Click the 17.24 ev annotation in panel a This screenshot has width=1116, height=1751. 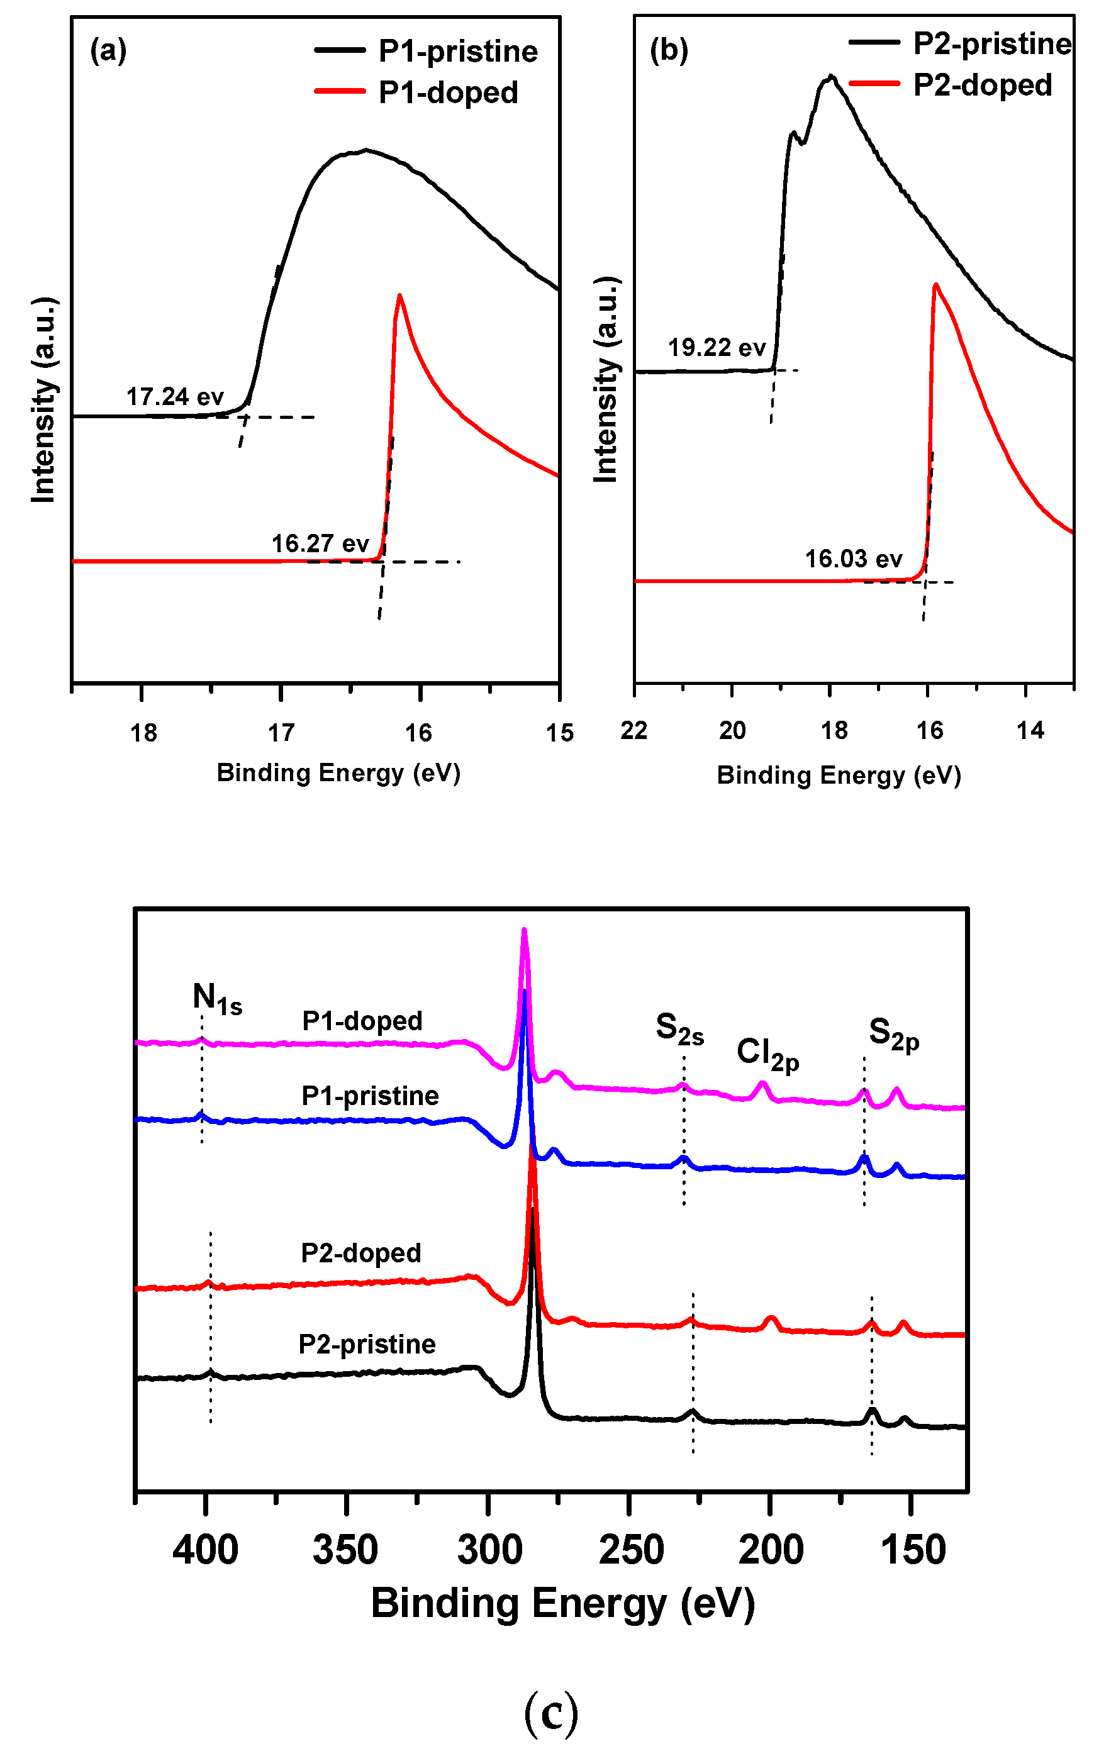175,397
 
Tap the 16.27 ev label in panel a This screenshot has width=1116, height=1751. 320,543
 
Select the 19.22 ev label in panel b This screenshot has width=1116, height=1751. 717,348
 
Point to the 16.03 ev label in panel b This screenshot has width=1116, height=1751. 854,559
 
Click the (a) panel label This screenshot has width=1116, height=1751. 108,51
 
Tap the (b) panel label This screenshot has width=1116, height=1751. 669,50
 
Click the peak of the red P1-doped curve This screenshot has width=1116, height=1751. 399,296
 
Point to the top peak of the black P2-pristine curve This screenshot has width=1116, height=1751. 831,76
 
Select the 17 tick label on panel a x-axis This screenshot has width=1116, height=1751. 281,733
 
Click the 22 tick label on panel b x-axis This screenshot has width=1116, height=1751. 633,730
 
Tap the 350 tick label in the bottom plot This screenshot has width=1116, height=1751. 345,1550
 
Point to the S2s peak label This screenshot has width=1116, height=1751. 679,1029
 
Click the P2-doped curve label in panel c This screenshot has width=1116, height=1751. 361,1253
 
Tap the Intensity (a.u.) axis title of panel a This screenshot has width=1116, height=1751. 43,399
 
